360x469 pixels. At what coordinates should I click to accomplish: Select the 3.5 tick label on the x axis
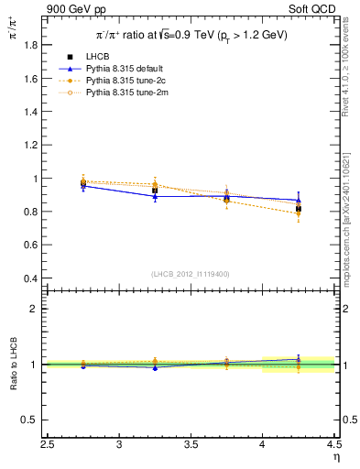(x=191, y=446)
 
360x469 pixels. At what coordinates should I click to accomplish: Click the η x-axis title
(x=335, y=458)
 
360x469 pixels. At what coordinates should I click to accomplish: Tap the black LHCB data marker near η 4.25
(x=299, y=209)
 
